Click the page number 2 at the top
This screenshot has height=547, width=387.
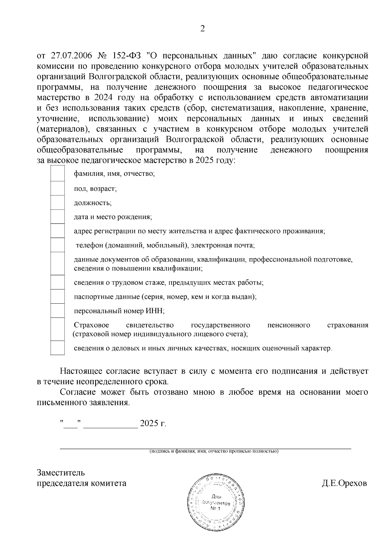coord(203,29)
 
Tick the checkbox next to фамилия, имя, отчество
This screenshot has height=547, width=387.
coord(58,174)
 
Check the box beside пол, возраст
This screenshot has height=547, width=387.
coord(58,188)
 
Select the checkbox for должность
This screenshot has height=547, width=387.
coord(58,202)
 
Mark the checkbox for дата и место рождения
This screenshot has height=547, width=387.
coord(58,217)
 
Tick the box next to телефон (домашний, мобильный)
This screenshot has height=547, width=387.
coord(58,245)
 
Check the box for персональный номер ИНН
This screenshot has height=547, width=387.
coord(58,311)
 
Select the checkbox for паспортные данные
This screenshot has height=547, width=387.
coord(58,297)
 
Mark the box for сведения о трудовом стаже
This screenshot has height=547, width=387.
coord(58,282)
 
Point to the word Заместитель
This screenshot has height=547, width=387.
coord(61,473)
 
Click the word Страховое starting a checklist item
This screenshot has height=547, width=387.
coord(91,325)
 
